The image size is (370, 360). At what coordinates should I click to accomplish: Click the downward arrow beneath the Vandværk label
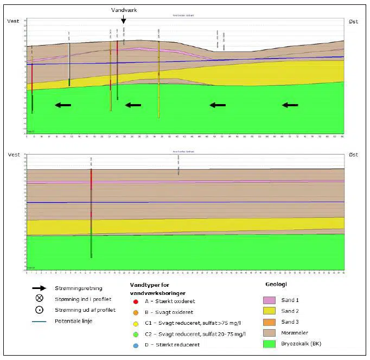tap(124, 20)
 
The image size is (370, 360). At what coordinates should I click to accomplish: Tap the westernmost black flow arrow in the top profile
tap(62, 105)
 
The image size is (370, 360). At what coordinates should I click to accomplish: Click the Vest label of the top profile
tap(14, 21)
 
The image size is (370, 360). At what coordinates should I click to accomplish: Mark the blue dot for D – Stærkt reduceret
tap(135, 344)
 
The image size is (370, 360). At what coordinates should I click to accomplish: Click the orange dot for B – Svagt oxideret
tap(135, 312)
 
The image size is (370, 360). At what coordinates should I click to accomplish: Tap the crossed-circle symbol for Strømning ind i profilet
tap(38, 299)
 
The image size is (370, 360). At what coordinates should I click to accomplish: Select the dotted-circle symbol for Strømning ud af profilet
tap(38, 310)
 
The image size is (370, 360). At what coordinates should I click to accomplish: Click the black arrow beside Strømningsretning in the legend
tap(38, 288)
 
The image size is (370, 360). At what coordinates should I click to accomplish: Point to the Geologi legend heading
tap(276, 284)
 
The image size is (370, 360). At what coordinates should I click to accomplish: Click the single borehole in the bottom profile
tap(91, 211)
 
